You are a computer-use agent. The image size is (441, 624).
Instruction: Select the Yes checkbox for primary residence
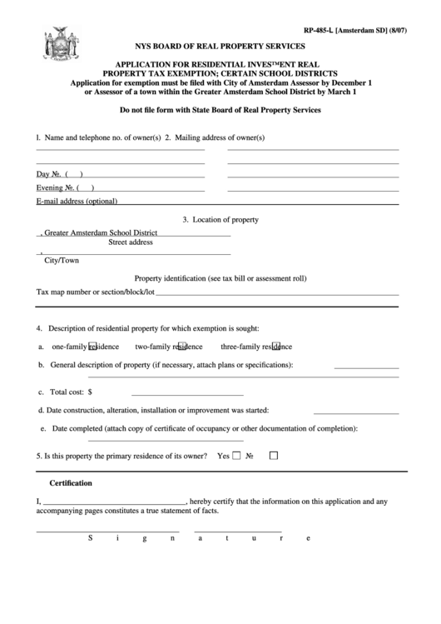[x=237, y=456]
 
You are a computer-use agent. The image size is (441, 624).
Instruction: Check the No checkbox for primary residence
[x=274, y=456]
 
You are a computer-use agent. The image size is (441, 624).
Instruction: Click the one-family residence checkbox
[x=93, y=346]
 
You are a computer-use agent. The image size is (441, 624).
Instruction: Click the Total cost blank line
[x=187, y=392]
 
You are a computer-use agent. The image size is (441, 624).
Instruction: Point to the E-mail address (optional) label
[x=77, y=202]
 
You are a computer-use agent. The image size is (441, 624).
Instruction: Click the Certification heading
[x=71, y=482]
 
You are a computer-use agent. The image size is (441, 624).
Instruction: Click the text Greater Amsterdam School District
[x=100, y=234]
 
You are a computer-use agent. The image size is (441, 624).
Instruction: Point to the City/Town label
[x=62, y=260]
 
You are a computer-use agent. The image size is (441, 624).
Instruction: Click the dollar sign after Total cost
[x=90, y=391]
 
